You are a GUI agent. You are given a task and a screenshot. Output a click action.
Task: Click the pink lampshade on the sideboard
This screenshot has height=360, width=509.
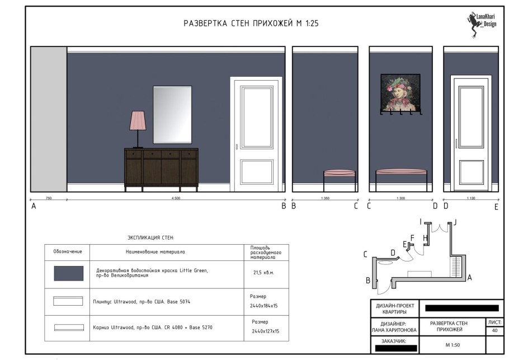(138, 120)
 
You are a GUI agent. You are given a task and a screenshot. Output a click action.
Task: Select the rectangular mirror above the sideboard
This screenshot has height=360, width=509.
(172, 114)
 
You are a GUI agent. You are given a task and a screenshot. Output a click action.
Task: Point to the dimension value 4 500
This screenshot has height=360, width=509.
(176, 198)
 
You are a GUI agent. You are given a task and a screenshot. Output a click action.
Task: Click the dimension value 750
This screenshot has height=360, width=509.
(49, 198)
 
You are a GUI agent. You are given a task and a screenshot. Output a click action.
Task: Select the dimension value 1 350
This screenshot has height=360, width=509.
(325, 198)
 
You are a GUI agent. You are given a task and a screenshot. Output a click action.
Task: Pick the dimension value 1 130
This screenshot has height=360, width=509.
(470, 198)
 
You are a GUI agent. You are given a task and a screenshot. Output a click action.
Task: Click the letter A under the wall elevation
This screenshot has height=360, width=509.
(34, 207)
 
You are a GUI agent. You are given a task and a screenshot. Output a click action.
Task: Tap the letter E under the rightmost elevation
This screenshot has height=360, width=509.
(496, 207)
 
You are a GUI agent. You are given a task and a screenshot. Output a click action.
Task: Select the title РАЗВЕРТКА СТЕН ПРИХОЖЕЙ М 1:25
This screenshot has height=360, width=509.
(251, 24)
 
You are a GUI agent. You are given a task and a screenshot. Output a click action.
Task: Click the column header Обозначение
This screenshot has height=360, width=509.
(68, 251)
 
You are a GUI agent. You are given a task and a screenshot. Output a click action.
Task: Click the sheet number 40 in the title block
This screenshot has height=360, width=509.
(494, 331)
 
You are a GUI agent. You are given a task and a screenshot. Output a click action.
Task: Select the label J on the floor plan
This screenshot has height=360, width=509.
(455, 222)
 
